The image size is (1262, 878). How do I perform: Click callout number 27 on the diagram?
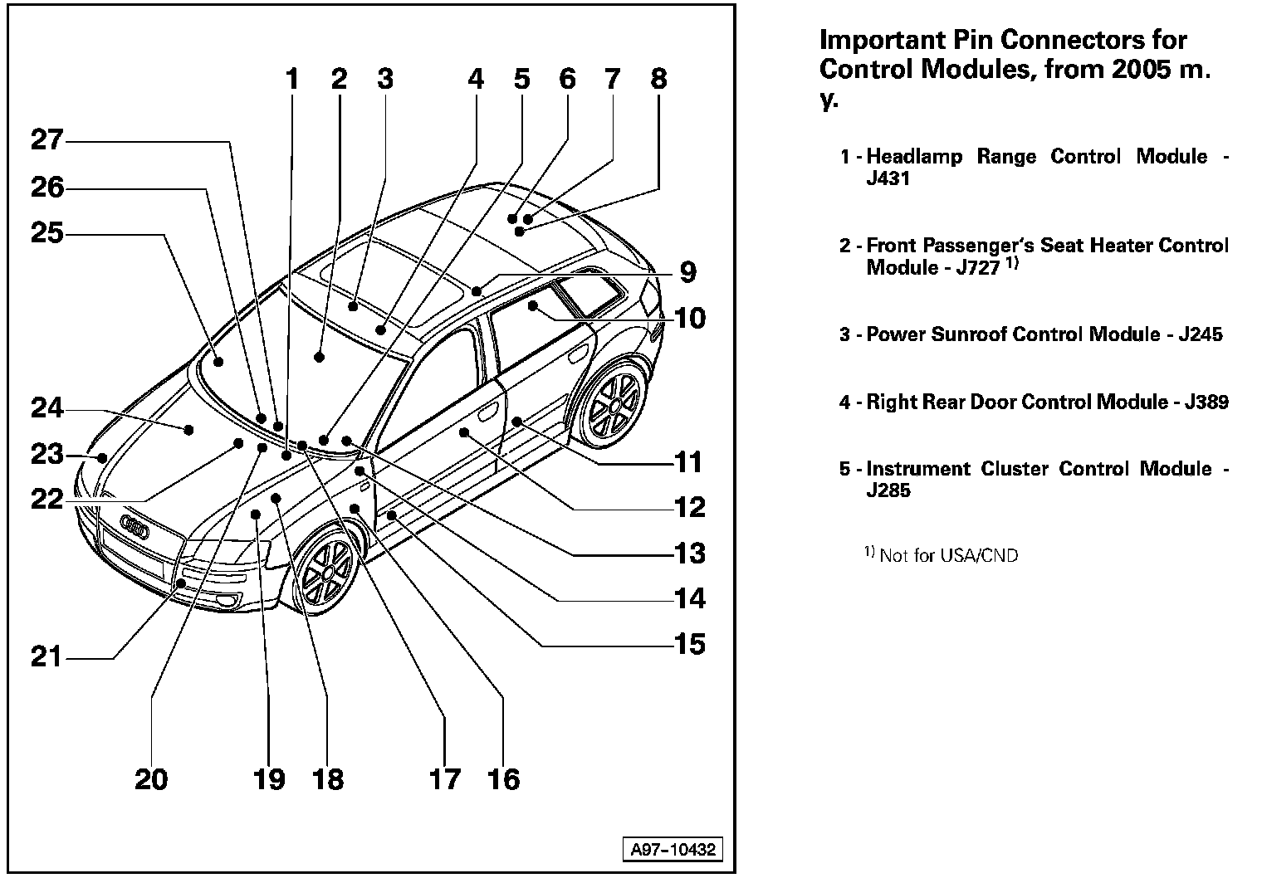click(46, 139)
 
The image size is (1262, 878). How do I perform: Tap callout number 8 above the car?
click(658, 80)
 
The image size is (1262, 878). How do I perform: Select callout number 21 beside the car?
click(46, 657)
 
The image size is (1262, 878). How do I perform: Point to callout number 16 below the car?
click(504, 779)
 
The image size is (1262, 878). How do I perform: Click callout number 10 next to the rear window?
click(689, 318)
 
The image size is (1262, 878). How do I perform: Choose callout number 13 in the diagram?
click(689, 553)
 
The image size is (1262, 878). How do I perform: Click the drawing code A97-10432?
click(672, 850)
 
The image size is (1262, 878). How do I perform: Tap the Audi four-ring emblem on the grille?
click(134, 524)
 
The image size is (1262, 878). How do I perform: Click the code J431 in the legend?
click(888, 178)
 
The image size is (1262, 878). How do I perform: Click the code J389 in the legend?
click(1206, 402)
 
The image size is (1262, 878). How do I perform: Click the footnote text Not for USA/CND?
click(948, 556)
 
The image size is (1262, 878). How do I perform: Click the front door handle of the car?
click(487, 409)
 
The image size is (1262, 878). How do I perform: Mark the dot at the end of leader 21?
click(181, 584)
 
